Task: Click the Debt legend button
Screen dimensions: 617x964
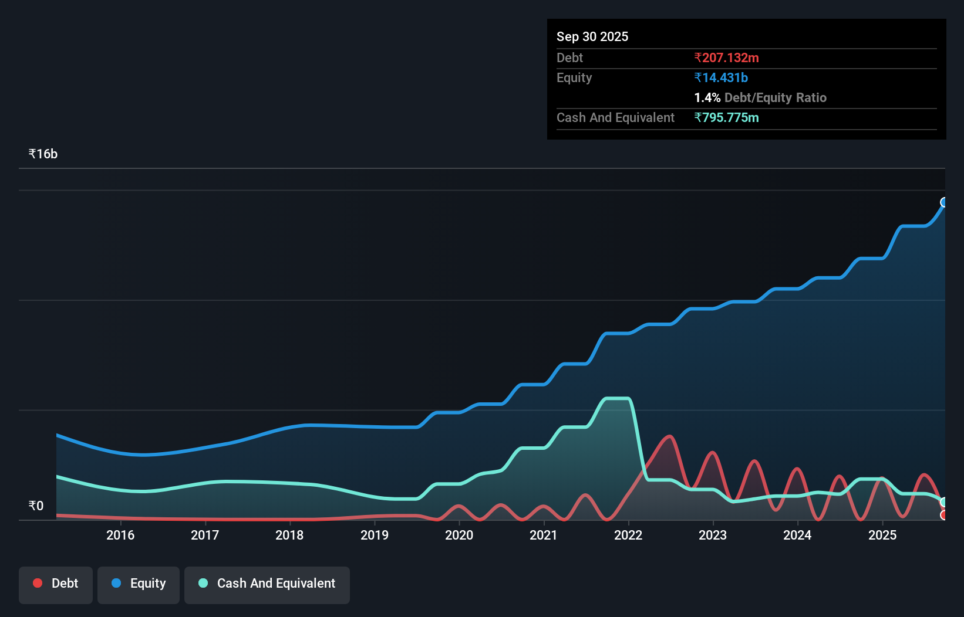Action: point(56,584)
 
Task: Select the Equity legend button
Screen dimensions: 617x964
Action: point(139,584)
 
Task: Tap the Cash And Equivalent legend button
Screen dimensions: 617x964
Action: point(267,584)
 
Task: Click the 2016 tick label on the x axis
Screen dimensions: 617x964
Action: point(120,535)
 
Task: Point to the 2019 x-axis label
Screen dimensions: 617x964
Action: point(375,535)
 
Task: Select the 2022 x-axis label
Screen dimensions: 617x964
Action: point(628,535)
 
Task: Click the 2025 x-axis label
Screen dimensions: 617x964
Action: point(882,535)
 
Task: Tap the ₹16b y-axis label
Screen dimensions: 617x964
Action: point(43,154)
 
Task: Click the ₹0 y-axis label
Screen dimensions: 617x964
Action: point(36,506)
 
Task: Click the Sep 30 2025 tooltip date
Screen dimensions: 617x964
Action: point(592,36)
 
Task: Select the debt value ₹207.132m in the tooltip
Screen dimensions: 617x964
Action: point(726,57)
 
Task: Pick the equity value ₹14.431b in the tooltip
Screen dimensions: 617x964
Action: point(721,77)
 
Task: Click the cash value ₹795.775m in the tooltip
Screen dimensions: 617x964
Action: point(726,117)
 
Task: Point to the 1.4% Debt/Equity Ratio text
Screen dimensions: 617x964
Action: point(760,97)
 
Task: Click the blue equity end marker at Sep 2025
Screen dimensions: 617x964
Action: point(944,202)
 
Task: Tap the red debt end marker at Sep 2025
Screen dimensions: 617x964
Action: point(944,515)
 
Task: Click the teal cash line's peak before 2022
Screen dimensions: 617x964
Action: point(616,399)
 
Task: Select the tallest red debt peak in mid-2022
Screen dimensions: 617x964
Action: point(669,436)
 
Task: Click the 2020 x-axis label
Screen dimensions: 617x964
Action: point(459,535)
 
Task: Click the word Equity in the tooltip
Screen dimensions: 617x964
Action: point(574,77)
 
